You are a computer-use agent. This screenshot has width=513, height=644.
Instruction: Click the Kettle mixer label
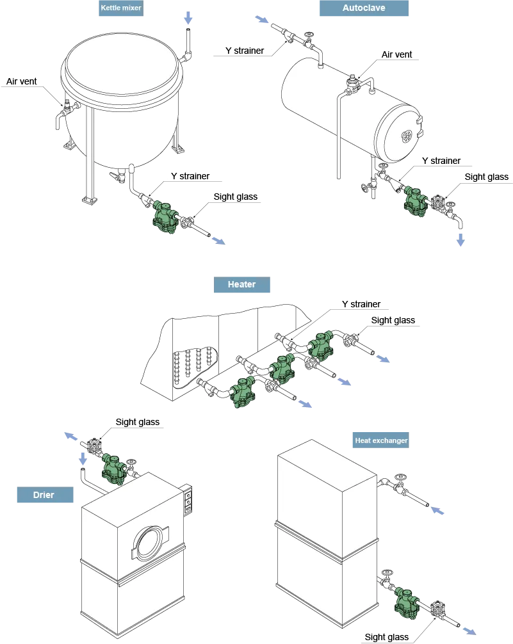121,9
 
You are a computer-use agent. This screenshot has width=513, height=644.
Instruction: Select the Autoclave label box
364,9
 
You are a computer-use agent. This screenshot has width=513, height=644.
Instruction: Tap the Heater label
241,286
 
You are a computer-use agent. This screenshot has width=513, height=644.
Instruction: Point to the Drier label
44,495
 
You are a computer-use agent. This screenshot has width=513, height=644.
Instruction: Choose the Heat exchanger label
381,440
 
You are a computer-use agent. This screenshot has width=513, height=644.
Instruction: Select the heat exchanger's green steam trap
405,600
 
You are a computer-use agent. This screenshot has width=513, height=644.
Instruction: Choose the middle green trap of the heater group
282,368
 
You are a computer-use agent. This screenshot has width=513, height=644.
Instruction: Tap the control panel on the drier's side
188,501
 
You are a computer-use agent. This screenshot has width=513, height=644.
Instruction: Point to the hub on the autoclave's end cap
406,136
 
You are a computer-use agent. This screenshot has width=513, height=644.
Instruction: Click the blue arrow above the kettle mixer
188,17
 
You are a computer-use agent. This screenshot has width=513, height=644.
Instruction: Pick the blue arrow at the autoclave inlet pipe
262,20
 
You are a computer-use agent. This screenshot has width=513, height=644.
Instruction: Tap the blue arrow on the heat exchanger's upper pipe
437,511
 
